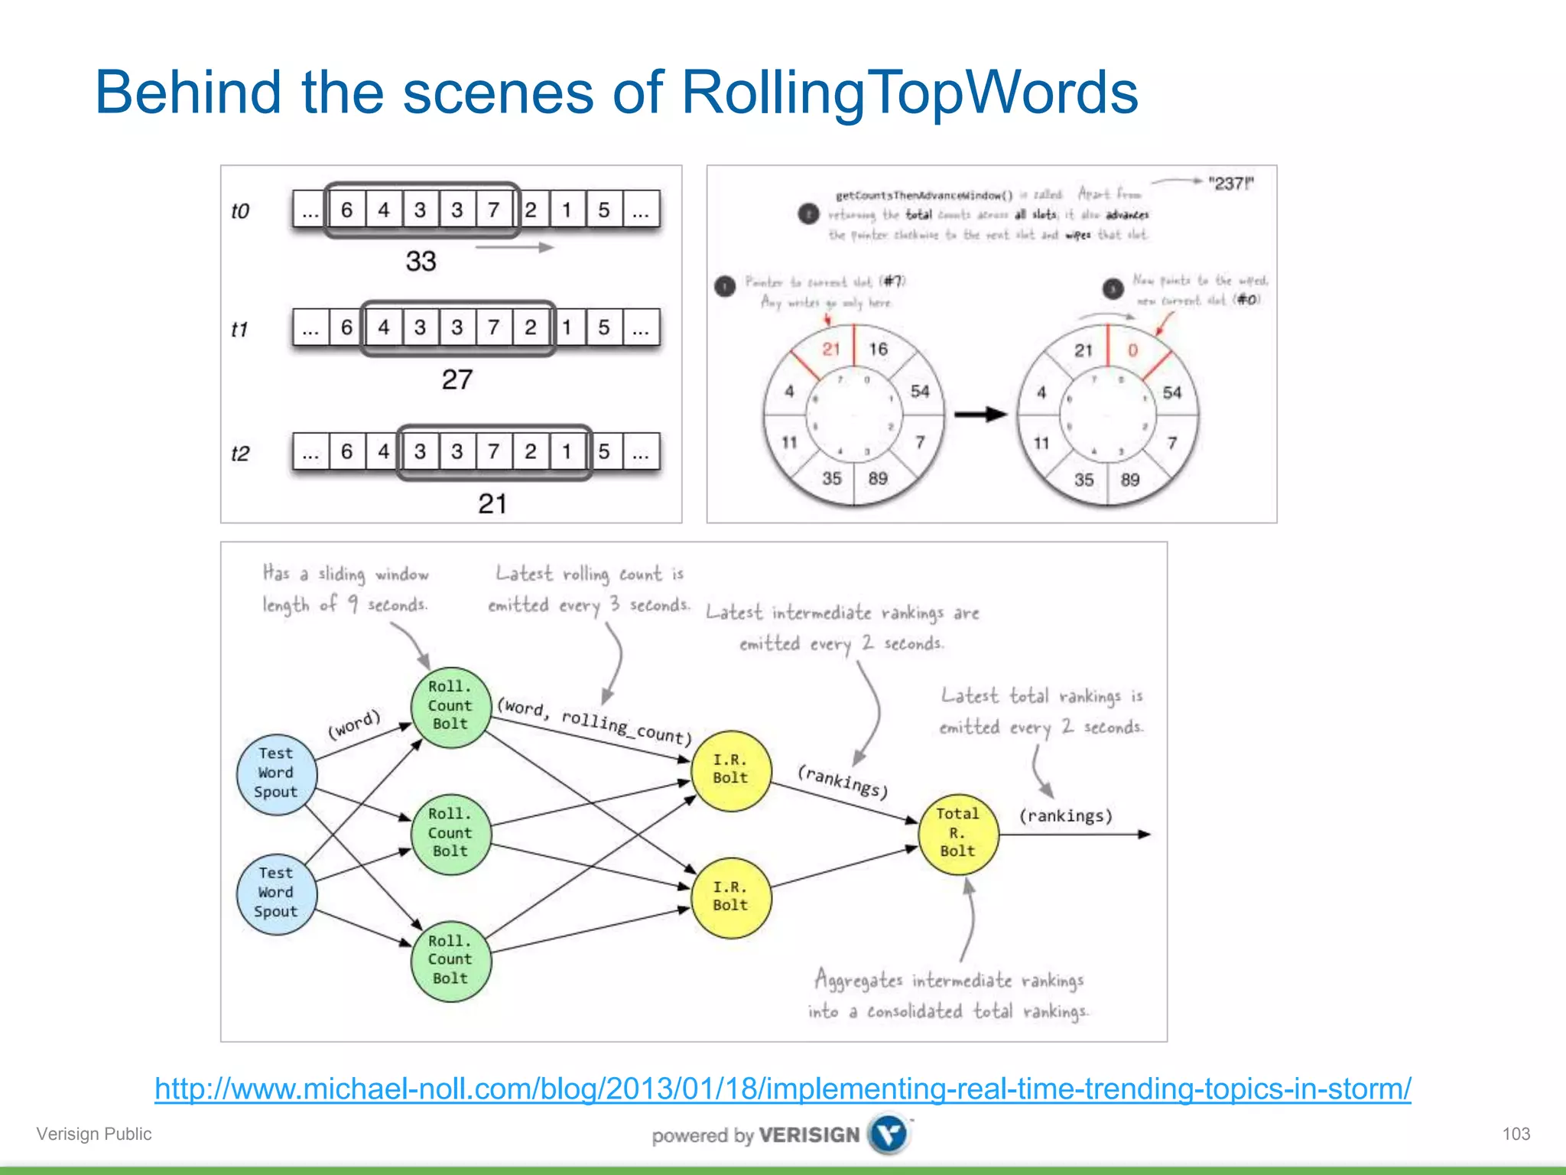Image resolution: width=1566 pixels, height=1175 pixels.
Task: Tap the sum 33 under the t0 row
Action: pos(421,262)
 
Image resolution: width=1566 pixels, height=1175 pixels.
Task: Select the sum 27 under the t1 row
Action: pos(457,379)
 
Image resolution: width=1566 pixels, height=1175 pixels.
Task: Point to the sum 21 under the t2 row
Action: pos(492,504)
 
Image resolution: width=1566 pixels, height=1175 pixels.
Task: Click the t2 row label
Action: pos(240,454)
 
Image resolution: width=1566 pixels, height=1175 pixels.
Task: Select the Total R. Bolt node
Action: pos(957,833)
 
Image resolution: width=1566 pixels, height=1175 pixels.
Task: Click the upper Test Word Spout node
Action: pos(276,773)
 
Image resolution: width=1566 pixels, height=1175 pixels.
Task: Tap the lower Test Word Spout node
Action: pos(276,893)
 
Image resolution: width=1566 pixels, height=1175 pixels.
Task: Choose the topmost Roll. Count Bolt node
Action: pos(450,705)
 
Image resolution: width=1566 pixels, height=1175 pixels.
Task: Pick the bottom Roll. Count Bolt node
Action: pos(450,960)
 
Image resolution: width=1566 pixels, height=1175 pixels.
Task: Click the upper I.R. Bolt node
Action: pos(730,770)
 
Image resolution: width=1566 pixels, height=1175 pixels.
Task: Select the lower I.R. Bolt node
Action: pos(730,897)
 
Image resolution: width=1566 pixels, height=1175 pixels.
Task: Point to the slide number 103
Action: pos(1516,1134)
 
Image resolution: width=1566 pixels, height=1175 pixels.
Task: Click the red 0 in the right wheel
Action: pos(1132,350)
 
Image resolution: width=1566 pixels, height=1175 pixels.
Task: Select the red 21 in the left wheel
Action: pos(831,350)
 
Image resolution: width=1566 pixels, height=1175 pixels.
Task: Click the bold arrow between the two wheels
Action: pos(981,415)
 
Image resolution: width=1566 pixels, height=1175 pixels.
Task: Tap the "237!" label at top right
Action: pos(1230,184)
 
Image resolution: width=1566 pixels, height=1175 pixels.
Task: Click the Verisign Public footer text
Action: pos(94,1134)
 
